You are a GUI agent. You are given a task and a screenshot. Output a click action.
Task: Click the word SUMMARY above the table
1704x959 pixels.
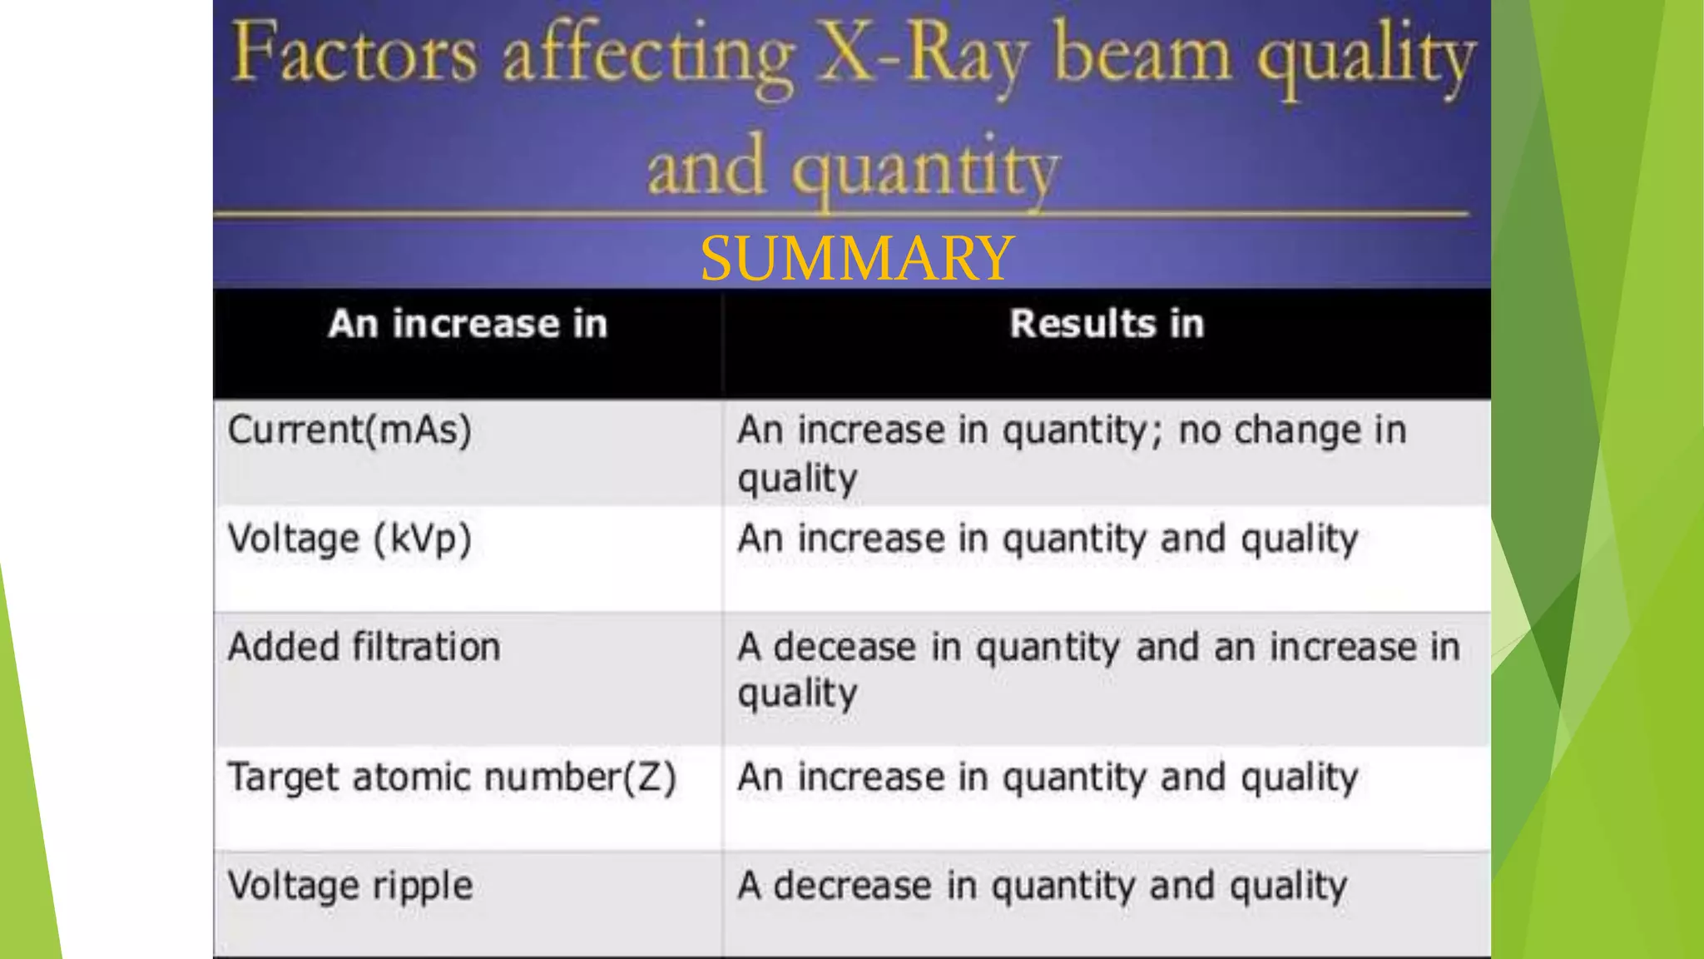click(857, 258)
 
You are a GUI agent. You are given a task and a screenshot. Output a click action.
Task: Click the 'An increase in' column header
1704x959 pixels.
click(468, 324)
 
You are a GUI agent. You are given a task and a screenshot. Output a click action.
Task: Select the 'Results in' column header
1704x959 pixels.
click(1107, 324)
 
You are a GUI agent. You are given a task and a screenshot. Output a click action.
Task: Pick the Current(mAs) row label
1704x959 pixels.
click(349, 430)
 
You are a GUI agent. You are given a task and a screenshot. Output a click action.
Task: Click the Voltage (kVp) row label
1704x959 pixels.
click(349, 539)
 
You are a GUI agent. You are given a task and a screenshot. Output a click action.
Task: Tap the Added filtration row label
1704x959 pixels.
click(364, 647)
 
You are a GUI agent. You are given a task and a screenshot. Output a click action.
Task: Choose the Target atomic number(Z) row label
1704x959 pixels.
click(452, 778)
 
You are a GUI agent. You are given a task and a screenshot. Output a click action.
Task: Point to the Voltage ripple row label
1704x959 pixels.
click(350, 886)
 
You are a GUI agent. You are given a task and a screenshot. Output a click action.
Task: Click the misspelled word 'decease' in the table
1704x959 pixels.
click(845, 647)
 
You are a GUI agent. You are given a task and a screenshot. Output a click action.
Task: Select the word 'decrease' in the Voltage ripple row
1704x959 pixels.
click(852, 886)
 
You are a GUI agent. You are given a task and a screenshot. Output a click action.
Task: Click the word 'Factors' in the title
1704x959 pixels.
click(354, 54)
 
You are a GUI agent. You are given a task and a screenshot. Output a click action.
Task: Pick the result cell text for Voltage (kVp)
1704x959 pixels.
click(1048, 539)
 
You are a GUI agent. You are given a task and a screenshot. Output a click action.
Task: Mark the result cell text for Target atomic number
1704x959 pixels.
click(1048, 778)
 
